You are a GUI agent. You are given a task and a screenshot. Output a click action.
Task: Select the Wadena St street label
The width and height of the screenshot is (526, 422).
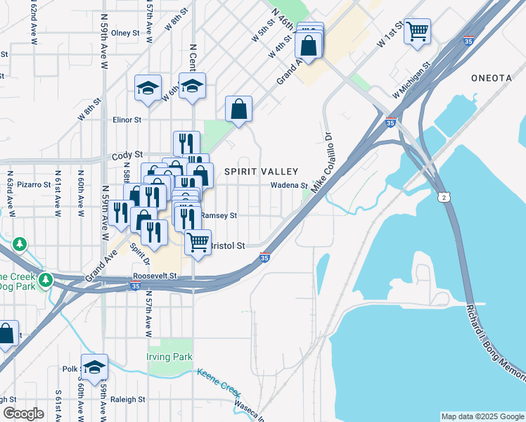point(289,186)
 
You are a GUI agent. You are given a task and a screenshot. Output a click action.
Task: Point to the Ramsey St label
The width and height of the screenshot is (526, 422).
point(219,216)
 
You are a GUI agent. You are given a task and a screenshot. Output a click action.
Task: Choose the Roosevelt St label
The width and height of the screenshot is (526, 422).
point(153,277)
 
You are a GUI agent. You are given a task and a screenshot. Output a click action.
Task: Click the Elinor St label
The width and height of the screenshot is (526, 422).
point(127,120)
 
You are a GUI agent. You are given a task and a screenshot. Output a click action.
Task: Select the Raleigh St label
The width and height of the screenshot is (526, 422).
point(127,399)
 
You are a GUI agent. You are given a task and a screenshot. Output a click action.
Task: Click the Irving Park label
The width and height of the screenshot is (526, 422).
point(170,357)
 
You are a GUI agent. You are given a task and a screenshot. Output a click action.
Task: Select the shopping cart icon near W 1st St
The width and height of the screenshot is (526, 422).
point(417,31)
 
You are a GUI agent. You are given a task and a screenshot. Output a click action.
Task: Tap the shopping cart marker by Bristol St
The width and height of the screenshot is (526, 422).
point(198,242)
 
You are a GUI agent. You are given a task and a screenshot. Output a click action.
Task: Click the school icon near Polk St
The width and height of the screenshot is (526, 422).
point(94,366)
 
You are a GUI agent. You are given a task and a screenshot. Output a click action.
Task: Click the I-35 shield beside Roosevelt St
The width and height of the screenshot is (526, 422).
point(134,286)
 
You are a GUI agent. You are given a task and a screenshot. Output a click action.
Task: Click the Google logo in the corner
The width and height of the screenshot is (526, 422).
point(24,414)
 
